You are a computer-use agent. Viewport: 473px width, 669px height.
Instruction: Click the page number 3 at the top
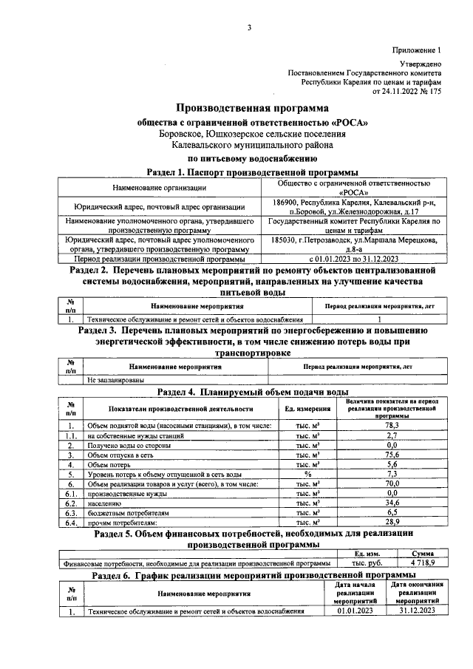click(x=249, y=28)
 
